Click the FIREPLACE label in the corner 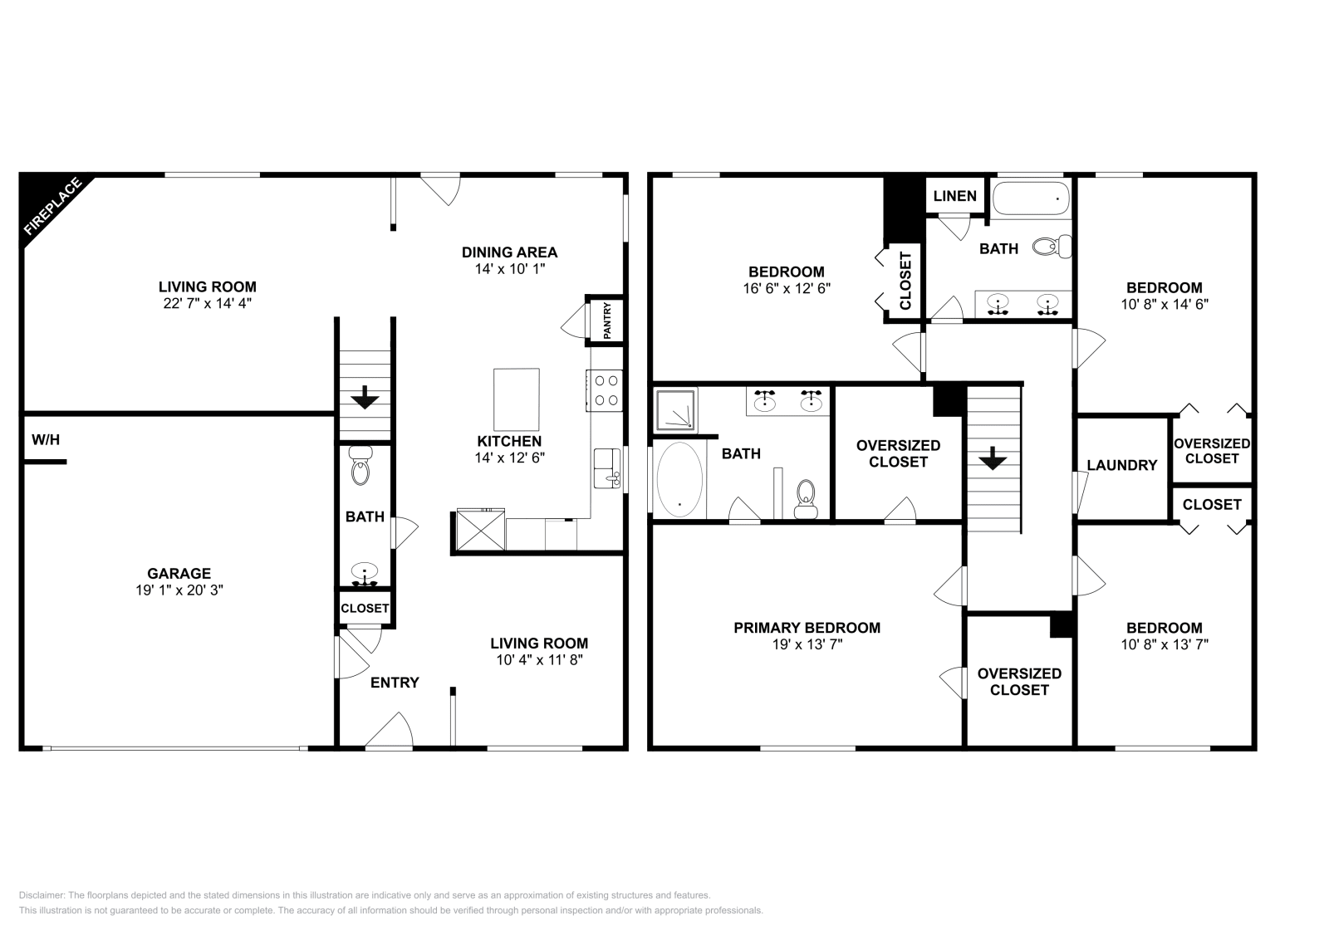[52, 206]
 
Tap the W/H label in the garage [46, 439]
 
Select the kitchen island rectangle [516, 399]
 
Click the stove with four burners [605, 390]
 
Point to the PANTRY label [607, 320]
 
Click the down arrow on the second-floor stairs [993, 458]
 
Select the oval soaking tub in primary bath [679, 480]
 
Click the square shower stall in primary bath [674, 409]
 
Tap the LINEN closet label [954, 196]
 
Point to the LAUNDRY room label [1121, 465]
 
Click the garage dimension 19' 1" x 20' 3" [179, 590]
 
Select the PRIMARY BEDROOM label [807, 628]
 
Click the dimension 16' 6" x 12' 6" [786, 288]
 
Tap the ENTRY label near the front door [395, 683]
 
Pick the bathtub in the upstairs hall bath [1031, 198]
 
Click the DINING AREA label [509, 252]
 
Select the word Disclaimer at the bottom [41, 895]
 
